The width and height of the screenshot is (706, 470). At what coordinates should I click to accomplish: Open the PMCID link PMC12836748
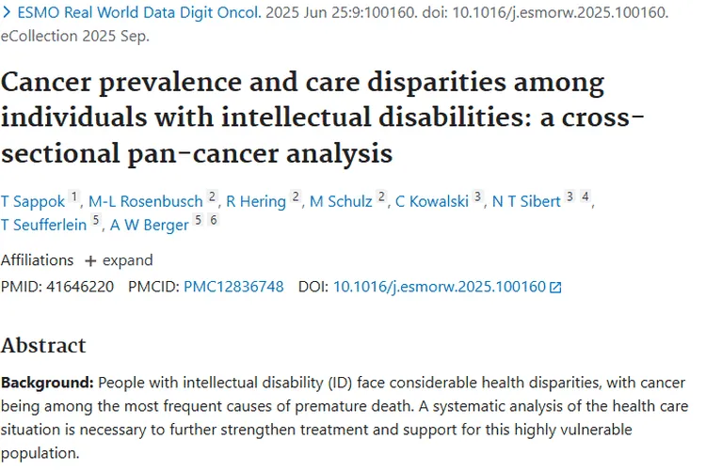pyautogui.click(x=233, y=287)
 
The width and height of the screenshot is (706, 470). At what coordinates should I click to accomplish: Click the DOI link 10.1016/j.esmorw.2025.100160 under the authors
pyautogui.click(x=440, y=287)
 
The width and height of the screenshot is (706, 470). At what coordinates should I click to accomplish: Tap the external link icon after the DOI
pyautogui.click(x=555, y=288)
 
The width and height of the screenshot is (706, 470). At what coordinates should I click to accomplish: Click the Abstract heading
pyautogui.click(x=43, y=345)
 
